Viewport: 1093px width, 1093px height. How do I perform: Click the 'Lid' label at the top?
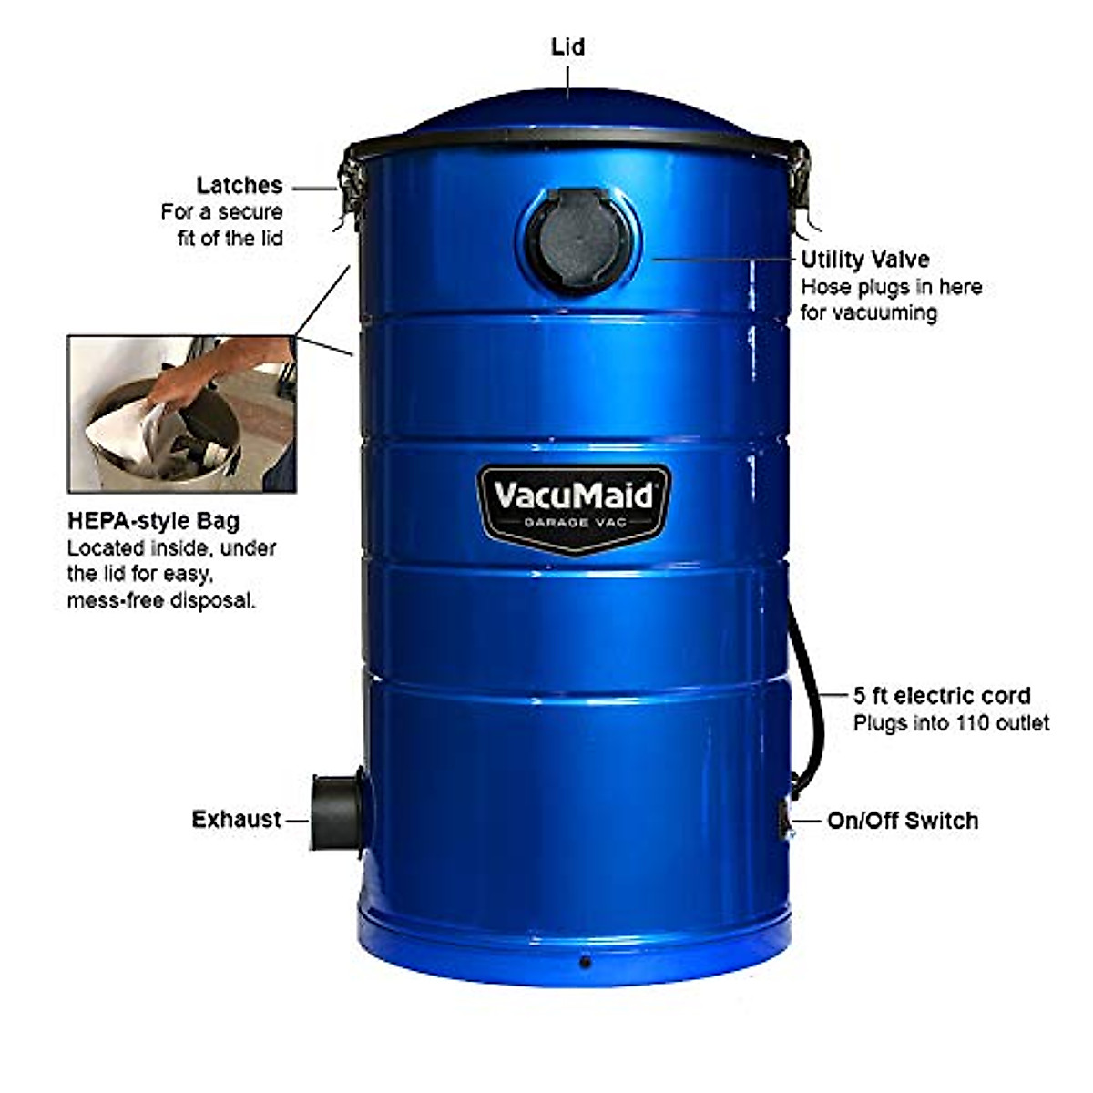(x=567, y=47)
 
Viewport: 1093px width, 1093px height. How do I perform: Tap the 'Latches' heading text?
(x=240, y=186)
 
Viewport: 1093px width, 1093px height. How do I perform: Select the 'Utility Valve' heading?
(x=865, y=260)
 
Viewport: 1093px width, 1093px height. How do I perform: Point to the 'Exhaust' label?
(x=237, y=820)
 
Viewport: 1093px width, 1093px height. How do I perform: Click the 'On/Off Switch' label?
(x=903, y=821)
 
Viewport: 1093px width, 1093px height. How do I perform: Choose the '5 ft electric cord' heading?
(x=942, y=696)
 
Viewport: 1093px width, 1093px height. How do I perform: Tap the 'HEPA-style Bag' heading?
(x=153, y=521)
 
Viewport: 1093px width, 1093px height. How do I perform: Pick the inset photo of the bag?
(x=182, y=414)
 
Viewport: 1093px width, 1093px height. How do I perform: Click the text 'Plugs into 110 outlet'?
(x=951, y=724)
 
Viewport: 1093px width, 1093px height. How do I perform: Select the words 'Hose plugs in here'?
(x=891, y=287)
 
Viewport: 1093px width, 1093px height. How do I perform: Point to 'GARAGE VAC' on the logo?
(x=575, y=523)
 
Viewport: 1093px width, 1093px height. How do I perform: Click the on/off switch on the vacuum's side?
(x=785, y=821)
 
